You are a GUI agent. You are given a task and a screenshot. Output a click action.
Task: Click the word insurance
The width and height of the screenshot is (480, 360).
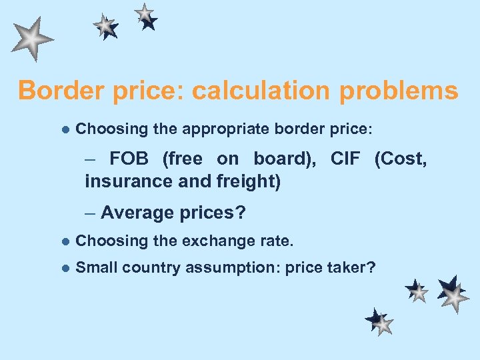coord(123,181)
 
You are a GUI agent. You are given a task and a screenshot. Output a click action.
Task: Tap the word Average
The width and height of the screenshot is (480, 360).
coord(137,213)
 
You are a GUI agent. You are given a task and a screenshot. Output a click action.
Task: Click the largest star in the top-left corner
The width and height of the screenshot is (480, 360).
coord(31,39)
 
